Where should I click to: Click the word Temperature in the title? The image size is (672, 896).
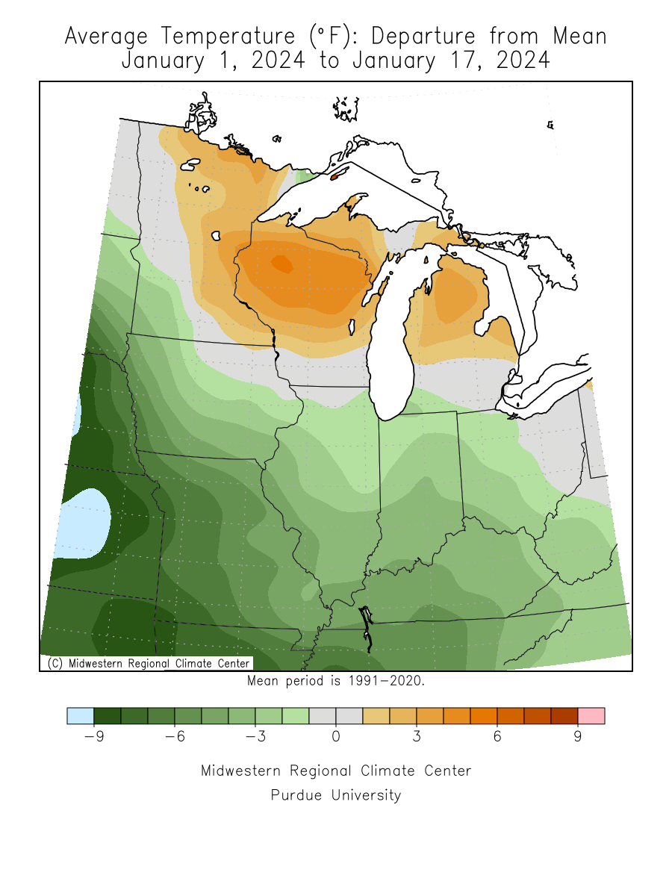222,36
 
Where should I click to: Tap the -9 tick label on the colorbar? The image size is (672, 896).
93,737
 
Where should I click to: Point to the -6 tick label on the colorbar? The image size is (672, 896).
174,737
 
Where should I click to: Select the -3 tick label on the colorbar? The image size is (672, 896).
255,737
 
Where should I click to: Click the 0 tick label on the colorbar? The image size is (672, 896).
336,737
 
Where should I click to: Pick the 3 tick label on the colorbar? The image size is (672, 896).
417,737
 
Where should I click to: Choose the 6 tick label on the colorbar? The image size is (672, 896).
497,737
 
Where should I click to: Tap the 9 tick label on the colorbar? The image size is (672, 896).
578,737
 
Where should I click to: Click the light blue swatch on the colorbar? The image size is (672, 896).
80,716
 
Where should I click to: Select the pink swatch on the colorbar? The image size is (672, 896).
591,716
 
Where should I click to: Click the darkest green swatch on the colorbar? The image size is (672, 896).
107,716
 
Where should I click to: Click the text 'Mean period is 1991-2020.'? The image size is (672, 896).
335,681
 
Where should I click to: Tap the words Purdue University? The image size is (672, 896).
335,795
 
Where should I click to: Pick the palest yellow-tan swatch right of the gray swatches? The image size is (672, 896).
376,716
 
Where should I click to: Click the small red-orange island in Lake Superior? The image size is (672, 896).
335,176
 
